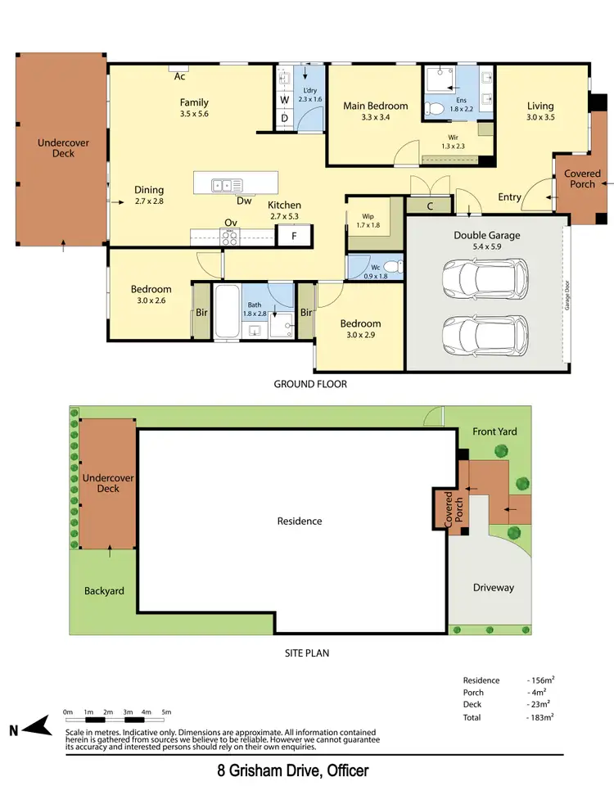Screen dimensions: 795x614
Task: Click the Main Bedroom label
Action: coord(375,106)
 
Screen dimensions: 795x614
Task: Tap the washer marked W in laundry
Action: coord(285,100)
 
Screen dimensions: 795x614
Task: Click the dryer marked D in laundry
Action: coord(285,119)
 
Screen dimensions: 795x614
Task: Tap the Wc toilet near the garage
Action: coord(391,267)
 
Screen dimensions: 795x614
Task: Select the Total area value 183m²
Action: coord(542,716)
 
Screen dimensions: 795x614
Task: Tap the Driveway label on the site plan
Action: coord(494,588)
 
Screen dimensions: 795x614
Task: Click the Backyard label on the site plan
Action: coord(104,590)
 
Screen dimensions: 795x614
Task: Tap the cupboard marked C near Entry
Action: coord(431,206)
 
